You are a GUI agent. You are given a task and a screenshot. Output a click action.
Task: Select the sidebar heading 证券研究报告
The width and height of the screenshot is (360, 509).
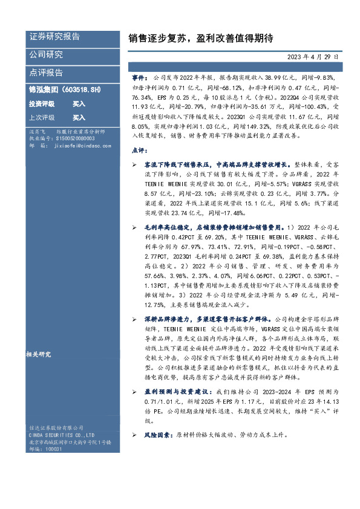click(54, 37)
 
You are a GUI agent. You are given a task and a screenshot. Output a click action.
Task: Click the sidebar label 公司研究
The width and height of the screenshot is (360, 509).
click(46, 54)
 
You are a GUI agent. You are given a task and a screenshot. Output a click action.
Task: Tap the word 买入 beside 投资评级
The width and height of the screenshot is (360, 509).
click(79, 103)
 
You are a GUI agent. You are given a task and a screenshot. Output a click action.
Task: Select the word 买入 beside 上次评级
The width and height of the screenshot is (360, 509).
click(79, 117)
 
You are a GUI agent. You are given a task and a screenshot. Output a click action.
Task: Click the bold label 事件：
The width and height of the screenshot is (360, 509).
click(139, 78)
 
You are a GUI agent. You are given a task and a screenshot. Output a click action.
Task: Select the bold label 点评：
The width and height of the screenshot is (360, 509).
click(139, 149)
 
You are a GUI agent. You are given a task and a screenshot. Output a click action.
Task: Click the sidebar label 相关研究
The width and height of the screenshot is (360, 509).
click(39, 354)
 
